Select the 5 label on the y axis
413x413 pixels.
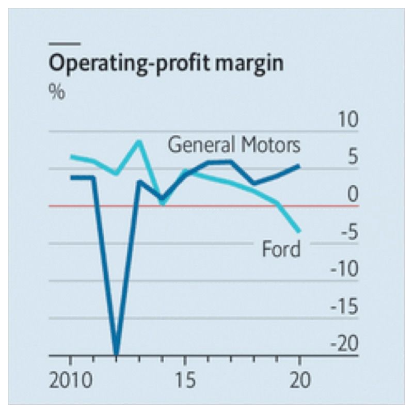tap(352, 158)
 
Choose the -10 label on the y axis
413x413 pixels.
tap(343, 270)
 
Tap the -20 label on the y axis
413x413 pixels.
tap(343, 345)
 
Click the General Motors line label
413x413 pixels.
tap(234, 145)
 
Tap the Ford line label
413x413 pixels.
tap(281, 250)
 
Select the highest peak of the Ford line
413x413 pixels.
tap(138, 141)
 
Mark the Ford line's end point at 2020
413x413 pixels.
tap(299, 231)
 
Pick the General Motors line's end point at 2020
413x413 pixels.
tap(299, 166)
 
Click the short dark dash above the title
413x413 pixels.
tap(65, 43)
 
